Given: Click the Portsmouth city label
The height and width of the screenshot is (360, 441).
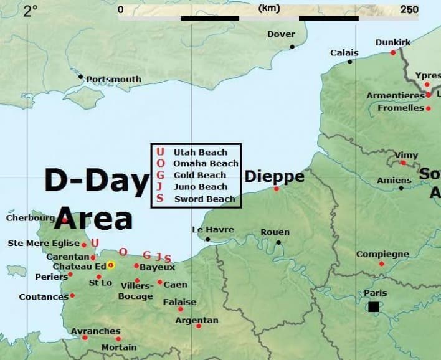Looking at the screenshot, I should [x=113, y=80].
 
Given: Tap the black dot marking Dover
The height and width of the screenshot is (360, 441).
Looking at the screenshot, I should [x=292, y=47].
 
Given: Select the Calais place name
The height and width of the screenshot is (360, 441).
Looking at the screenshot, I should [x=344, y=53].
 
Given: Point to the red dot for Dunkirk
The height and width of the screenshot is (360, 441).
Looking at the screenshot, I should [x=393, y=53].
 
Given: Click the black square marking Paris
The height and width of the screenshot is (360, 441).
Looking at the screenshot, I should [x=373, y=306].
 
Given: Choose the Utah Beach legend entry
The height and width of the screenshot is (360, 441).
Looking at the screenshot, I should [x=200, y=153].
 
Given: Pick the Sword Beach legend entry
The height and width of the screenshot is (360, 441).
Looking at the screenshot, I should [x=204, y=199].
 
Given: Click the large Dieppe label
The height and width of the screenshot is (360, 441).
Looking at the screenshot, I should [x=274, y=177].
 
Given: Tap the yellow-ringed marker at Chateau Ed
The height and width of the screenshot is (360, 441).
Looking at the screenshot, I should [x=111, y=265].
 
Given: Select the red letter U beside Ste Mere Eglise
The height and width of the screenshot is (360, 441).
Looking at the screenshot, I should [x=95, y=243].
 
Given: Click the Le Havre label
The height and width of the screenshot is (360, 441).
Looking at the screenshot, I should [x=213, y=230].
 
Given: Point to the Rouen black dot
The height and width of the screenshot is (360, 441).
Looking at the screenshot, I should [x=278, y=242].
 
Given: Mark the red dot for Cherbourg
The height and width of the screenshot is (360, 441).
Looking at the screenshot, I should [x=65, y=219].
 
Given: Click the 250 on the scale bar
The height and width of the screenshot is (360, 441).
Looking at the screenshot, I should [x=409, y=9].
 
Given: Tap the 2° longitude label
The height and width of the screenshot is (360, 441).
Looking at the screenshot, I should [x=30, y=11].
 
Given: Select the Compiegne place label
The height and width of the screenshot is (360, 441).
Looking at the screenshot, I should [x=382, y=254].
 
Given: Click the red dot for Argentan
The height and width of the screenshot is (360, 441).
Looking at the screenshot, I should [x=199, y=326].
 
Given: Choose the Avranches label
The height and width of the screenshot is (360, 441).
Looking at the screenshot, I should [x=96, y=331].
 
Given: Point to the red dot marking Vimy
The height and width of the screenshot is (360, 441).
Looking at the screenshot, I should [x=403, y=163].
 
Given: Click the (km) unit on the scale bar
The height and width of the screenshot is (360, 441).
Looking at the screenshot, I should [x=269, y=9].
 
